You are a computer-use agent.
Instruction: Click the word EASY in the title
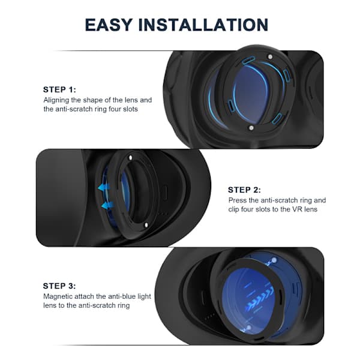pyautogui.click(x=109, y=25)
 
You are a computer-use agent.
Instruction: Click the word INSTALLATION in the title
pyautogui.click(x=203, y=25)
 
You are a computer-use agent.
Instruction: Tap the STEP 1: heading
pyautogui.click(x=59, y=89)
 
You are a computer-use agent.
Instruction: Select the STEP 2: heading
pyautogui.click(x=244, y=190)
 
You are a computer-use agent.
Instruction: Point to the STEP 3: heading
pyautogui.click(x=59, y=286)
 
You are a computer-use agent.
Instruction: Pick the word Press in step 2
pyautogui.click(x=238, y=200)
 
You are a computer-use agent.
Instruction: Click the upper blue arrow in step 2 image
pyautogui.click(x=104, y=187)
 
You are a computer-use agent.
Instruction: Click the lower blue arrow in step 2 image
pyautogui.click(x=107, y=205)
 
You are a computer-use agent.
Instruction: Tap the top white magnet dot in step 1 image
pyautogui.click(x=270, y=56)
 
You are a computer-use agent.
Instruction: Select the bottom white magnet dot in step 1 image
pyautogui.click(x=251, y=127)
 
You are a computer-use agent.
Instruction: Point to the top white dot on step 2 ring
pyautogui.click(x=131, y=158)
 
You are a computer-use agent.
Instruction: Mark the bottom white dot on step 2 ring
pyautogui.click(x=146, y=225)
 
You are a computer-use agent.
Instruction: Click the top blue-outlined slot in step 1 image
pyautogui.click(x=248, y=60)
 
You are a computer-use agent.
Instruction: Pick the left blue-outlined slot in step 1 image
pyautogui.click(x=231, y=106)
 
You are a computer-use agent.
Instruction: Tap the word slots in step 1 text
pyautogui.click(x=130, y=109)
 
